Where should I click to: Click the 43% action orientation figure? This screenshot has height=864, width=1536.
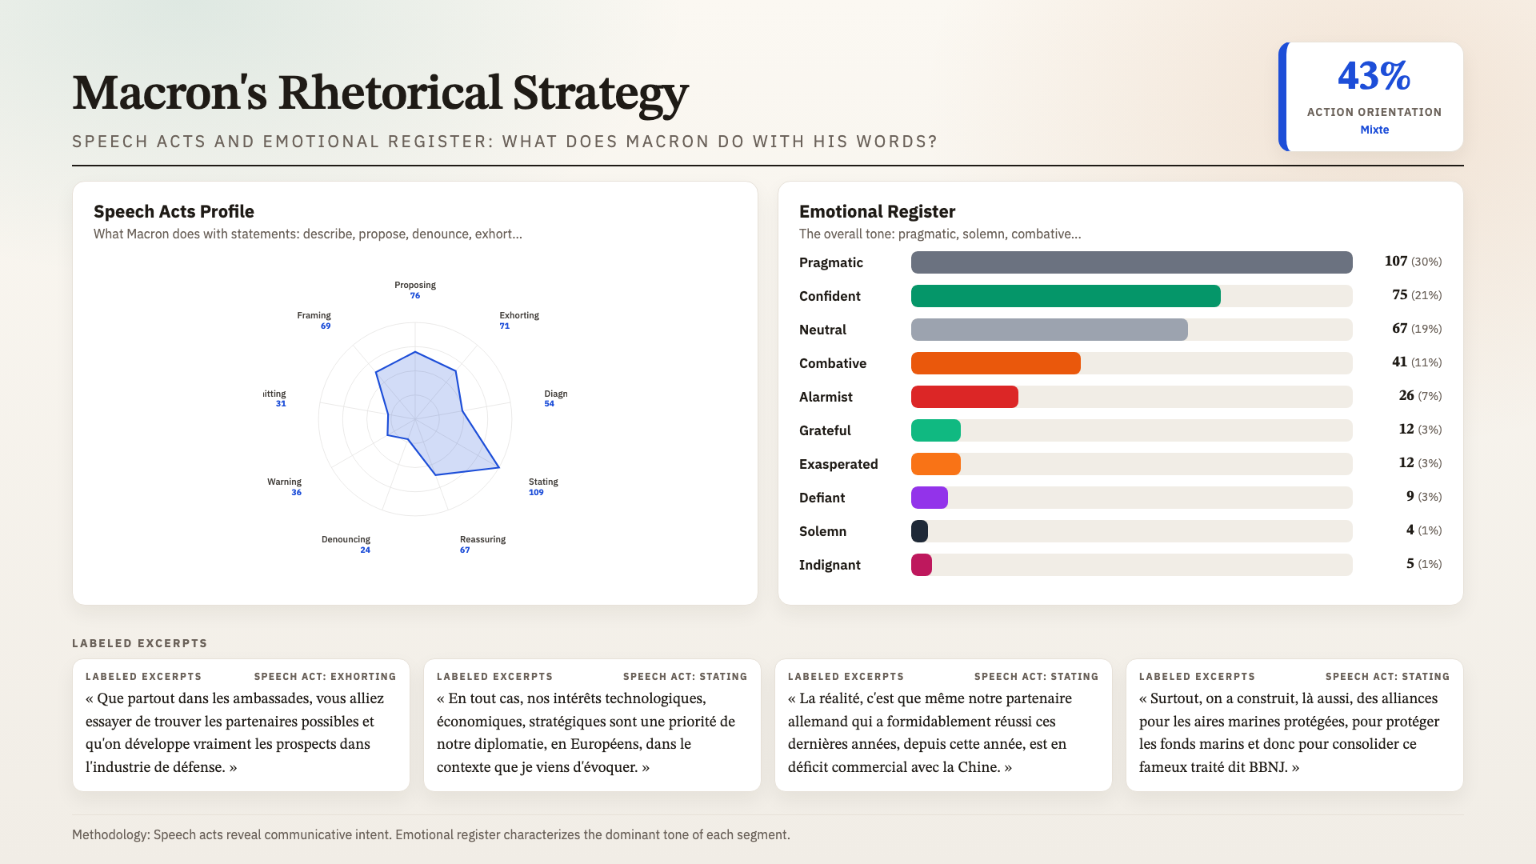[1374, 76]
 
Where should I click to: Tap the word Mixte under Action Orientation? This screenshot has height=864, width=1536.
[1374, 130]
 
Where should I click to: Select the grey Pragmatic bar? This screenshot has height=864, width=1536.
[1131, 262]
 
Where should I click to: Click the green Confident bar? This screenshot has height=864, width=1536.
[1066, 296]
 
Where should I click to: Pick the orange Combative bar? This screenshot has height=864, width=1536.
[995, 363]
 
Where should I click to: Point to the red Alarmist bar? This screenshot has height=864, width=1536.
[964, 397]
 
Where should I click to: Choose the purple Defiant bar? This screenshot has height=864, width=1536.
[929, 498]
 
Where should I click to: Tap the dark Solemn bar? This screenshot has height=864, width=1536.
[919, 531]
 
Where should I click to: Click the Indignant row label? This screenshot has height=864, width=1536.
[830, 565]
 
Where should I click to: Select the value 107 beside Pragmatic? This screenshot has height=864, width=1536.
[1395, 262]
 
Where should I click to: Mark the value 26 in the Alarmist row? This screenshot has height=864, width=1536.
[1406, 396]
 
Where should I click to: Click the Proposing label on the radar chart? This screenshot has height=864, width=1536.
[414, 285]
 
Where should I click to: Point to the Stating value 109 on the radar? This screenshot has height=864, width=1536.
[535, 493]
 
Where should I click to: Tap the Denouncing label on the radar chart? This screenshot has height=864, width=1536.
[346, 539]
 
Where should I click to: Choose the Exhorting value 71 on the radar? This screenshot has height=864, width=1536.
[504, 326]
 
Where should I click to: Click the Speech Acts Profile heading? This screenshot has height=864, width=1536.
[174, 211]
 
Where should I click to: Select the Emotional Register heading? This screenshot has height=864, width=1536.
[877, 211]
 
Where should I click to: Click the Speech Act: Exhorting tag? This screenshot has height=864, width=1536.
[325, 677]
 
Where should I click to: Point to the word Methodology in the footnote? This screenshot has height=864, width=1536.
[110, 834]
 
